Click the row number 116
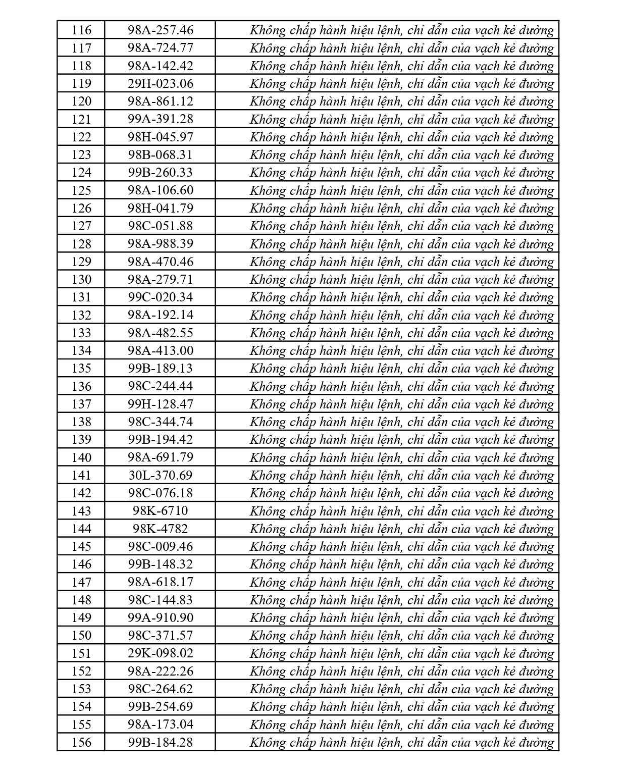click(x=81, y=30)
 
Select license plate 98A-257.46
click(x=160, y=30)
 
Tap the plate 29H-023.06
click(x=160, y=83)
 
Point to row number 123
click(x=81, y=154)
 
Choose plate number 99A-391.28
click(x=160, y=119)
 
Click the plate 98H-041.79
click(x=160, y=208)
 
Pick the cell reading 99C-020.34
click(x=160, y=297)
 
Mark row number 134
click(x=81, y=350)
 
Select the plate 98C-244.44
click(x=160, y=386)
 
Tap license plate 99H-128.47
click(x=160, y=404)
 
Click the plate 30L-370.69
click(x=160, y=475)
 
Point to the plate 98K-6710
click(x=160, y=511)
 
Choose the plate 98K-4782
click(x=160, y=529)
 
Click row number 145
click(x=81, y=546)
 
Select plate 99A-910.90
click(x=160, y=617)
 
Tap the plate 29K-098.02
click(x=160, y=653)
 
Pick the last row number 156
click(x=81, y=742)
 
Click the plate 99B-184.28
click(x=160, y=742)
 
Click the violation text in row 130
click(x=402, y=279)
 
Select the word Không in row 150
click(x=268, y=635)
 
